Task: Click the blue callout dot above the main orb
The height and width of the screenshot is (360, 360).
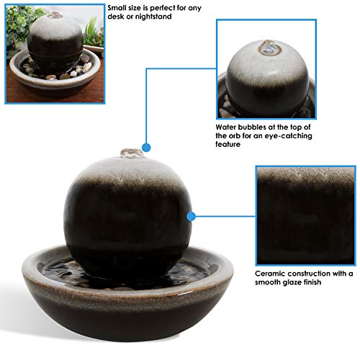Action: pyautogui.click(x=146, y=142)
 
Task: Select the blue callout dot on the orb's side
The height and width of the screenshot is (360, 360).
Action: pyautogui.click(x=192, y=215)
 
